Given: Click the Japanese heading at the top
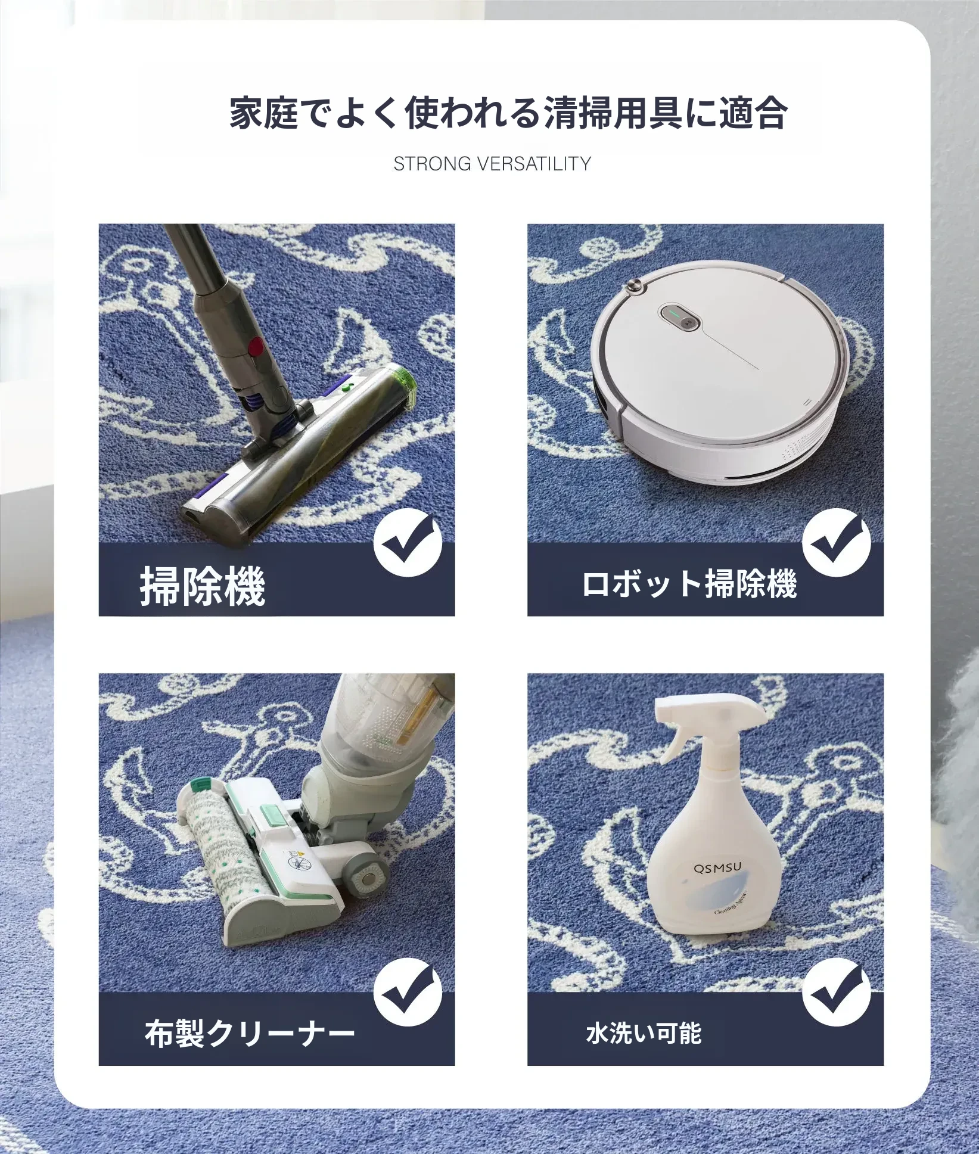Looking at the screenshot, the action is tap(508, 113).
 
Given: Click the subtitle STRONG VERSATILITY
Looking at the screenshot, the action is tap(492, 164).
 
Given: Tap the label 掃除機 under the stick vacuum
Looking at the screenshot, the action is tap(203, 587).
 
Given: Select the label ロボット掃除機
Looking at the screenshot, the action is tap(689, 584).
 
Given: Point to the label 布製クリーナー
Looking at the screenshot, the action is tap(250, 1033).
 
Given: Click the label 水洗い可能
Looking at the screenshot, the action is tap(644, 1033).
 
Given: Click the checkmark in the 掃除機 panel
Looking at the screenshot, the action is tap(408, 543).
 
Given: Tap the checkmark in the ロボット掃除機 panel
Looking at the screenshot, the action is tap(836, 543).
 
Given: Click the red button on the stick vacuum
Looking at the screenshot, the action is tap(256, 345).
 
